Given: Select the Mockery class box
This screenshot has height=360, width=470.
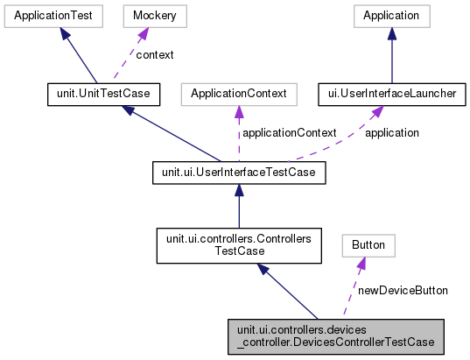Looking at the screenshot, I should coord(143,16).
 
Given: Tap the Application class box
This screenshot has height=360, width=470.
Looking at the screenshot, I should coord(391,16).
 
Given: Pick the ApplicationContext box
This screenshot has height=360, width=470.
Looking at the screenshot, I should coord(239,93).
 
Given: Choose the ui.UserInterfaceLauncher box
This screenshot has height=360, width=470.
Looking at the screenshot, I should coord(391,93).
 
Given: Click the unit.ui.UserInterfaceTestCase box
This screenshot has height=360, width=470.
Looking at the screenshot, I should coord(239,173).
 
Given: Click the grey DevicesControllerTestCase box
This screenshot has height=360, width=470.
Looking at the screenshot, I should coord(333,335).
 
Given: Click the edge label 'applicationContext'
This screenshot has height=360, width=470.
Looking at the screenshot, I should coord(289,133).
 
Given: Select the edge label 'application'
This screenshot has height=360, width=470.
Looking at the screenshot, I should coord(391,133).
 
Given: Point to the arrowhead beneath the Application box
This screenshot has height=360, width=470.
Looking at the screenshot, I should coord(391,34).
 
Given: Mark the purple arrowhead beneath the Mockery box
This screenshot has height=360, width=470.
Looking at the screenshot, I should coord(140,33).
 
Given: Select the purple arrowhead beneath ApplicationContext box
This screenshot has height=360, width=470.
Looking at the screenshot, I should coord(239,111).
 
